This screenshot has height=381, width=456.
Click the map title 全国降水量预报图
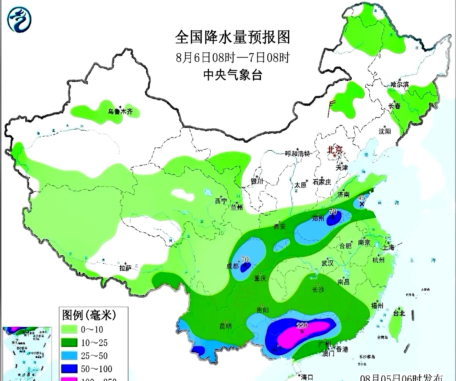pyautogui.click(x=233, y=38)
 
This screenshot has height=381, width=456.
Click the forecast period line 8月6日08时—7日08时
pyautogui.click(x=233, y=57)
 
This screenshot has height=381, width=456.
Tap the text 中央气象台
pyautogui.click(x=233, y=75)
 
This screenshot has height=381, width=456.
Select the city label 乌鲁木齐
pyautogui.click(x=120, y=112)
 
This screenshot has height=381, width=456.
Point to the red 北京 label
pyautogui.click(x=336, y=149)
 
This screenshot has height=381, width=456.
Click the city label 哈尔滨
pyautogui.click(x=399, y=84)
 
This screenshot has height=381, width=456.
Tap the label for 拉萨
pyautogui.click(x=125, y=268)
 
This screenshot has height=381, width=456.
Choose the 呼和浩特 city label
pyautogui.click(x=298, y=154)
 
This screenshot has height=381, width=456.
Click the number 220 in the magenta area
pyautogui.click(x=301, y=325)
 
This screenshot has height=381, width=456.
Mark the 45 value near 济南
pyautogui.click(x=361, y=197)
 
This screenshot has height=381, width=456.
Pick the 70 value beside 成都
pyautogui.click(x=244, y=259)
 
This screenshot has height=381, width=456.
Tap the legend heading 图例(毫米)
pyautogui.click(x=89, y=315)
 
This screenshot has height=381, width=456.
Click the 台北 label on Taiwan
pyautogui.click(x=399, y=313)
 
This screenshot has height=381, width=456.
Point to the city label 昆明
pyautogui.click(x=225, y=326)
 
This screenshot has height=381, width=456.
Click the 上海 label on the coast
pyautogui.click(x=388, y=248)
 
